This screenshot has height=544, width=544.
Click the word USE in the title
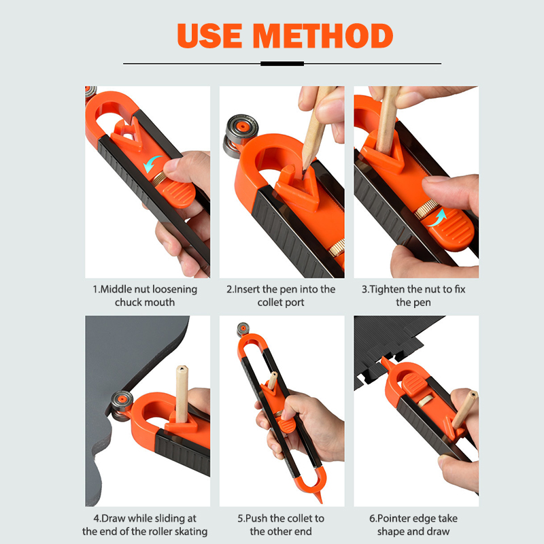coord(209,36)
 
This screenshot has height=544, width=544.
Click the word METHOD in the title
coord(323,36)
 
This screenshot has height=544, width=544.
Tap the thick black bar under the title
coord(282,63)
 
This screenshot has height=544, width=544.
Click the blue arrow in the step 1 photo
coord(152,164)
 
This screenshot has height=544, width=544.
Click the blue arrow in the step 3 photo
coord(437,218)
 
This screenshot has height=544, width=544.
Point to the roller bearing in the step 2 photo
coord(241,135)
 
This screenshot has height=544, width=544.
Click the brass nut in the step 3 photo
coord(426,209)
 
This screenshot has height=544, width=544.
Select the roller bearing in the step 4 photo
coord(121,405)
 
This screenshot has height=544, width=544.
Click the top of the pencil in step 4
coord(182,369)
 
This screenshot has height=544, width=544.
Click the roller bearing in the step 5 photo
coord(243,329)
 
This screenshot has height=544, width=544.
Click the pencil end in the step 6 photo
coord(473,394)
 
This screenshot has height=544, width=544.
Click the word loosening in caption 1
coord(175,290)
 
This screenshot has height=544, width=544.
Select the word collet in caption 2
coord(269,302)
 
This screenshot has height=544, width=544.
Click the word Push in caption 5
coord(256,518)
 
